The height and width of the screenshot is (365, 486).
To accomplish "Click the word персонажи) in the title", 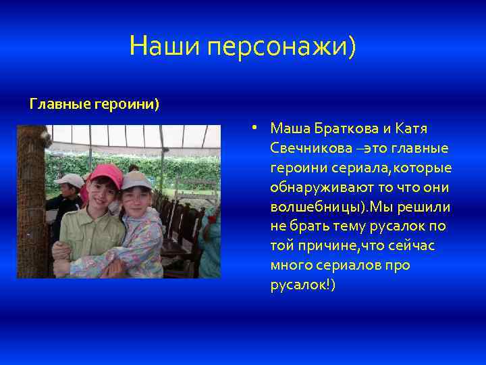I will point(282,47).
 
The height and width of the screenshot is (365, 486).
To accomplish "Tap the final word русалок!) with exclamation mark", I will point(302,285).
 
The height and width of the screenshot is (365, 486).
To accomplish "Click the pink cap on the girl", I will point(105,173).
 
